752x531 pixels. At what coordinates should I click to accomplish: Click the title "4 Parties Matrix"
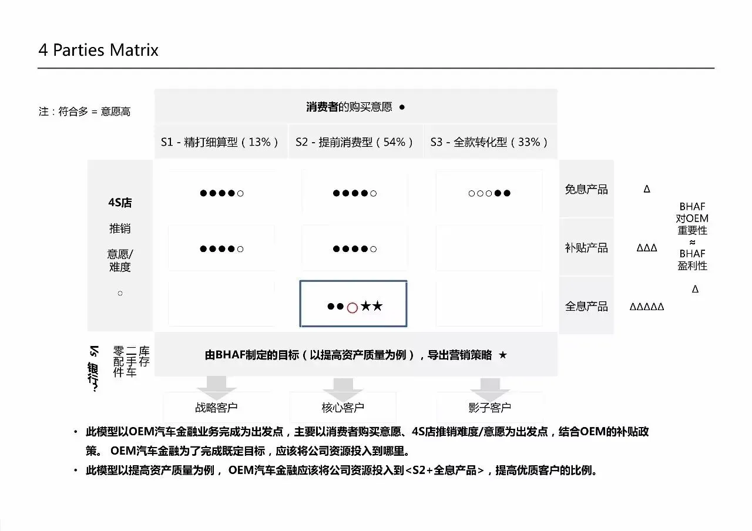(98, 50)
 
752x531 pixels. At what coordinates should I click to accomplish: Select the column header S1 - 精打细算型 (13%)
(220, 142)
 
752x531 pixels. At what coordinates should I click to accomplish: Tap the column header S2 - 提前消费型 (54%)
(355, 142)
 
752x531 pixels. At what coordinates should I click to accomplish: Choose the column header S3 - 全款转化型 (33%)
(489, 142)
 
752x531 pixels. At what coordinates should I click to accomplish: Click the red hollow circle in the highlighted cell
(352, 307)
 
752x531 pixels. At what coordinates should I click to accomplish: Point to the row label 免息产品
(586, 190)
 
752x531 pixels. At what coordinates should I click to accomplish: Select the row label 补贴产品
(586, 248)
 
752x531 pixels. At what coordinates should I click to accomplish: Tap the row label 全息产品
(586, 307)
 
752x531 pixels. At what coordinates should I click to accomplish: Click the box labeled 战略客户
(216, 407)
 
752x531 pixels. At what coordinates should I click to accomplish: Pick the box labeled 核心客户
(343, 407)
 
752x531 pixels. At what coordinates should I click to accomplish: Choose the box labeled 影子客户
(489, 407)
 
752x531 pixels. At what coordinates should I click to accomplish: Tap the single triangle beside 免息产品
(647, 190)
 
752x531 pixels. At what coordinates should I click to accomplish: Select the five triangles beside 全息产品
(647, 307)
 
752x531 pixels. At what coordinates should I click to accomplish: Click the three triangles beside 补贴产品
(647, 248)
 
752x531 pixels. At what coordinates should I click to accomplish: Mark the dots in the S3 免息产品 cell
(489, 193)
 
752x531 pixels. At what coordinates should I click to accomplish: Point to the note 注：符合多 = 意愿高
(85, 112)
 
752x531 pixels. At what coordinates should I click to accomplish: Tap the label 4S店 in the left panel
(120, 203)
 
